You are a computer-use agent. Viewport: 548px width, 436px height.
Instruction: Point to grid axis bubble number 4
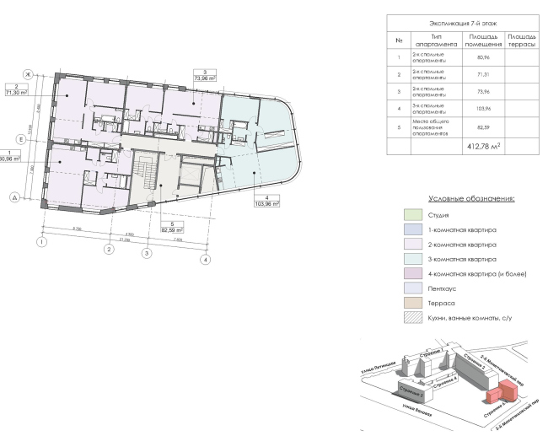[205, 260]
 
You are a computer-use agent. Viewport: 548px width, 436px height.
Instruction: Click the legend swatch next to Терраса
[412, 301]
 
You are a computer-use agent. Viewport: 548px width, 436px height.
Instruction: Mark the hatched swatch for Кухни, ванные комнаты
[412, 318]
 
